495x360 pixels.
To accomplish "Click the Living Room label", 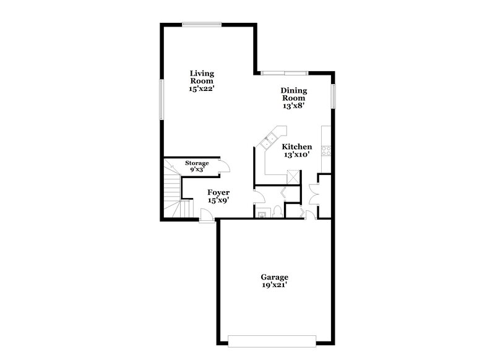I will point(202,77).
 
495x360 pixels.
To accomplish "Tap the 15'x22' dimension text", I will point(202,89).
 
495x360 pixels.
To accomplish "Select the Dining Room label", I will point(295,94).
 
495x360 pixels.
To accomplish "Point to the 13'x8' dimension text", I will point(295,106).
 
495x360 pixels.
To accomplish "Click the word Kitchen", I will point(297,147).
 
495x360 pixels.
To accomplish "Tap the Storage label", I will point(197,163).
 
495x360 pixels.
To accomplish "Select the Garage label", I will point(274,277).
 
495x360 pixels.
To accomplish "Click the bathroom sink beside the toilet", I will point(262,214).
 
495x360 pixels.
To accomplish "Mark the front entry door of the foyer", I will point(206,215).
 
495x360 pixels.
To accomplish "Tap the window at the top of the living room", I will point(202,24).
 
